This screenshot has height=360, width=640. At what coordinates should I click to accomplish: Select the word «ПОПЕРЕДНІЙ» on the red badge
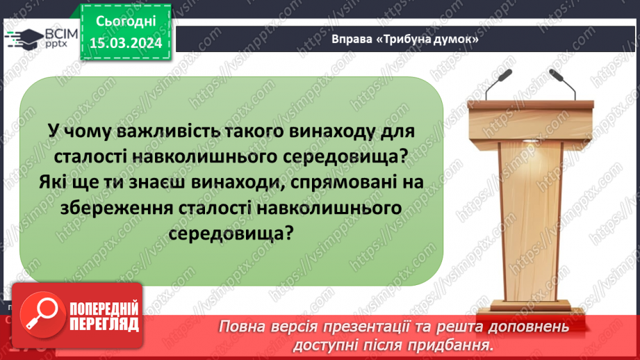click(102, 307)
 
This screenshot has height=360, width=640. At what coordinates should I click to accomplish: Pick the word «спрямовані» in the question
click(342, 181)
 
